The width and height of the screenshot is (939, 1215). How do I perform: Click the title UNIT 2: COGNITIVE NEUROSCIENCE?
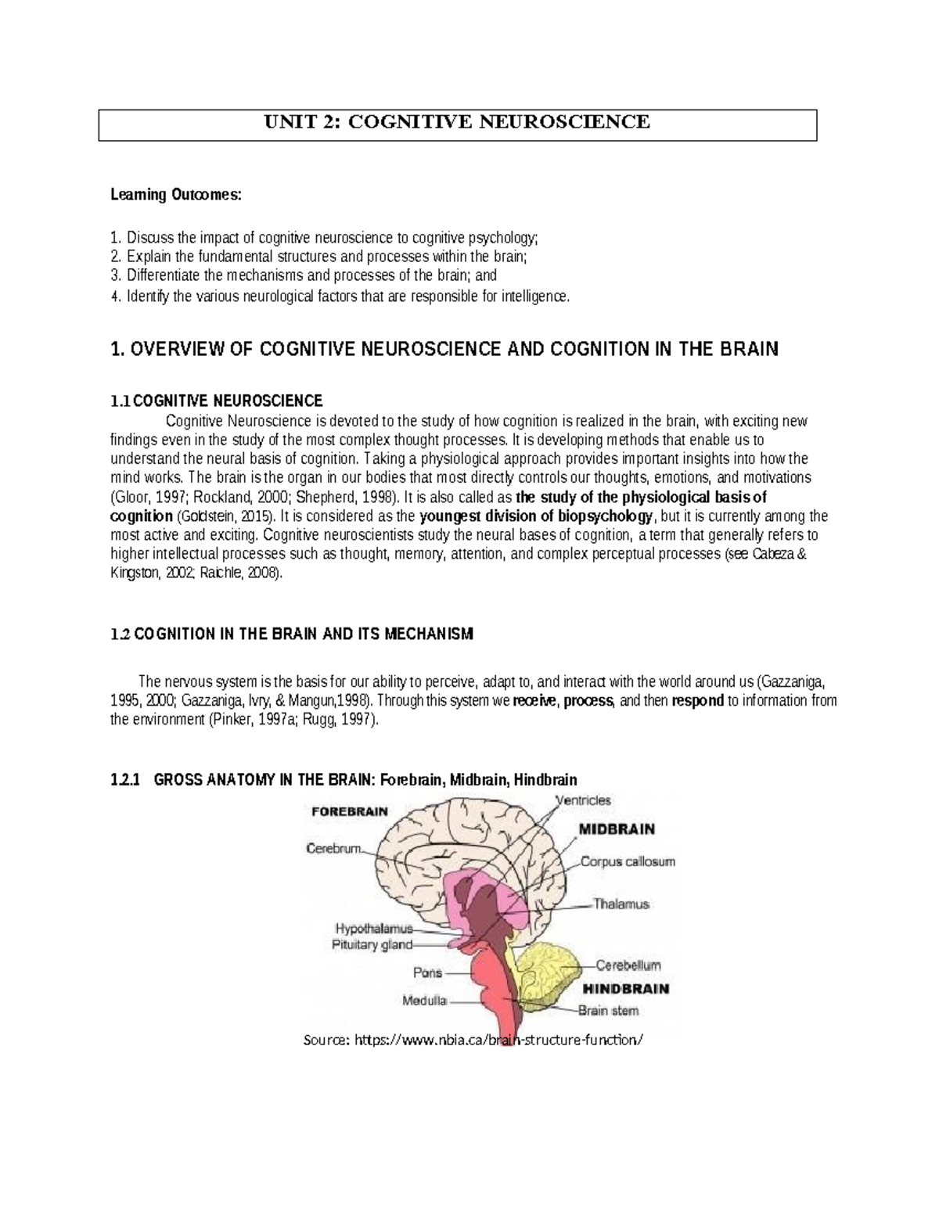[x=457, y=122]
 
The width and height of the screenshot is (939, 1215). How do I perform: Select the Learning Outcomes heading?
[x=176, y=196]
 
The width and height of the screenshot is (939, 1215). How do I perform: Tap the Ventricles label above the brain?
[x=583, y=800]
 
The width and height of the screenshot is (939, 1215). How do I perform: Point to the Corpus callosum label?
[x=628, y=862]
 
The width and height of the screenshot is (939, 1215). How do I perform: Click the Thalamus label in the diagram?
[x=621, y=904]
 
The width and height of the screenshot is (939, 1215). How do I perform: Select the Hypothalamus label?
[x=373, y=929]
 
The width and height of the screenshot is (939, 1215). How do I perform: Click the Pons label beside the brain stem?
[x=427, y=973]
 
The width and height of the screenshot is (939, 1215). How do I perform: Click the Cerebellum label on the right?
[x=628, y=965]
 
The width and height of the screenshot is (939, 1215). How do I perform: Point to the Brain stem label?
[x=608, y=1010]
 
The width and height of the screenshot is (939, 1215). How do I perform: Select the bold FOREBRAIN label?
[x=350, y=811]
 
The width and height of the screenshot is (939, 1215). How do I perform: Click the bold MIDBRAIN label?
[x=617, y=829]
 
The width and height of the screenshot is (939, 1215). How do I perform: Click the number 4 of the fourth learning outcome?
[x=114, y=297]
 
